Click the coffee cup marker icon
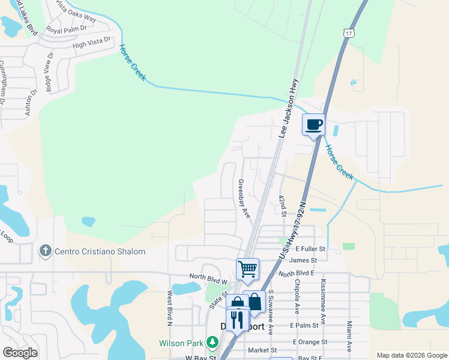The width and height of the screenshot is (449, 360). (313, 125)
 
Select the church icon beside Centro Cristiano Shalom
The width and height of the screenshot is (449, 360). (45, 251)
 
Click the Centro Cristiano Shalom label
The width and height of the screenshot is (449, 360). (100, 252)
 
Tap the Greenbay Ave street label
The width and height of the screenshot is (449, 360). (243, 199)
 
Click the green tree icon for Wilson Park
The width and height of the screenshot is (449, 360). (211, 343)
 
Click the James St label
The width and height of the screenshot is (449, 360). (303, 260)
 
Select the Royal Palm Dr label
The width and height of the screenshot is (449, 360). (67, 29)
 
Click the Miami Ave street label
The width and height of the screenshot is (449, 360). (349, 336)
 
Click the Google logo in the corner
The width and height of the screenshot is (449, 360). (20, 352)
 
